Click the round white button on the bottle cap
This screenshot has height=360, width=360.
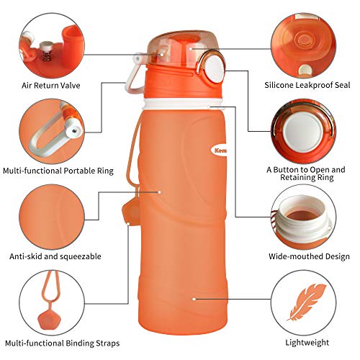coord(215,69)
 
